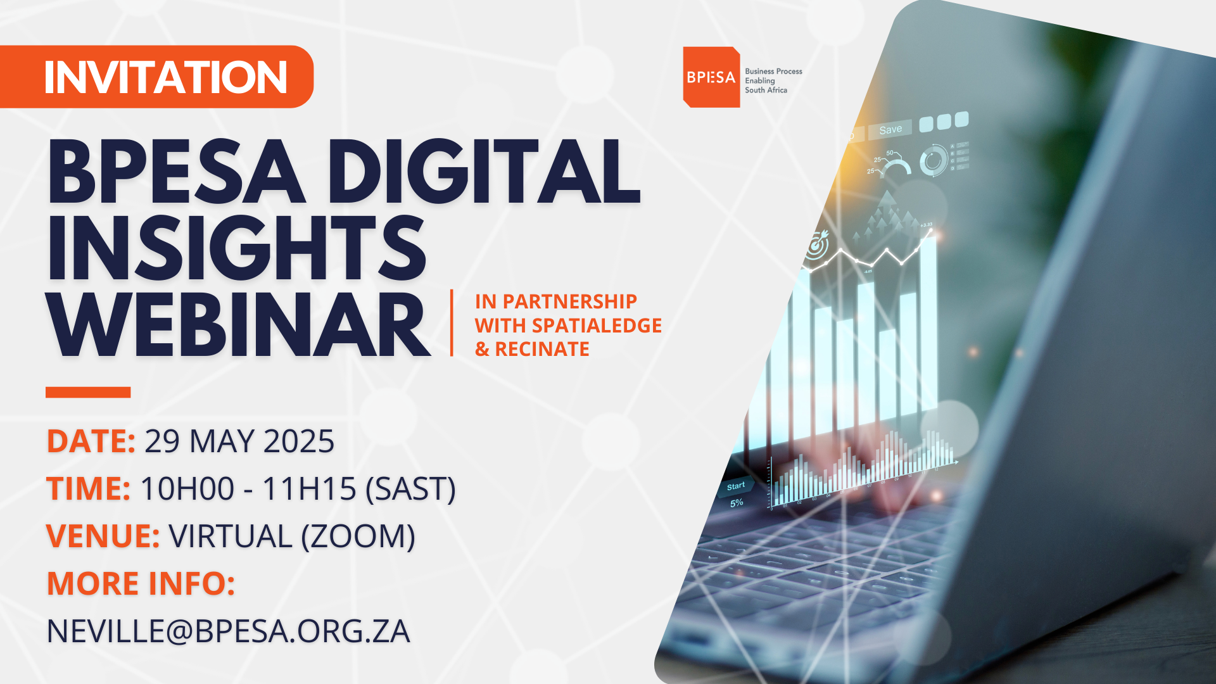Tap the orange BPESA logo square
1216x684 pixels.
click(x=711, y=77)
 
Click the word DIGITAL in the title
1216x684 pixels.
click(x=483, y=172)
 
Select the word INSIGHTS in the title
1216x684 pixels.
click(x=237, y=248)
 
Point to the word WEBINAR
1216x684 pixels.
click(x=239, y=326)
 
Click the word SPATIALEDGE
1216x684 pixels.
click(x=597, y=326)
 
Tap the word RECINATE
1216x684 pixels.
click(x=542, y=349)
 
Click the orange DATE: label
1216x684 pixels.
click(x=91, y=441)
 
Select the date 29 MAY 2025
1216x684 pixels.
click(x=239, y=441)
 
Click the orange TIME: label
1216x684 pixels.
click(x=89, y=489)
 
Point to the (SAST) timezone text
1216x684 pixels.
click(x=411, y=489)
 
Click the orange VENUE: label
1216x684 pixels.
click(x=103, y=536)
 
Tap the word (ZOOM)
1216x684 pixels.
click(x=358, y=536)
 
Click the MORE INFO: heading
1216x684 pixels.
click(x=141, y=583)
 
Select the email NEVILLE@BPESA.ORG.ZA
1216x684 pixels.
click(x=229, y=631)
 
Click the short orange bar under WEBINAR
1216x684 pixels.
click(x=88, y=392)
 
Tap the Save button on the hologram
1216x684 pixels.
click(x=890, y=130)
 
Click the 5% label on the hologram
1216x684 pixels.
click(x=737, y=503)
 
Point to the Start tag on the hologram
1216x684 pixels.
click(x=736, y=486)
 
